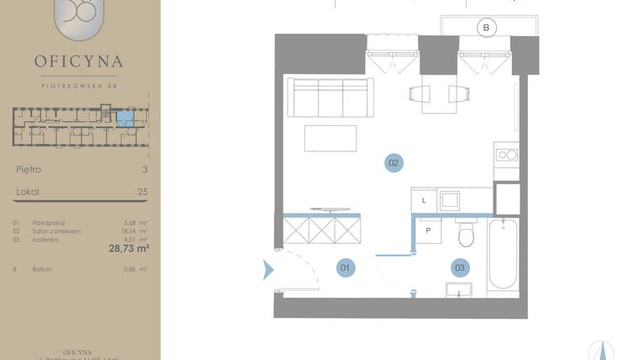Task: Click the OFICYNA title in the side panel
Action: [79, 61]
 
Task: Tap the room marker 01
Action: [345, 268]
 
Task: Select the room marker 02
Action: [393, 163]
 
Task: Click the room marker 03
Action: [459, 268]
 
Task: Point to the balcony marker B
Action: [485, 28]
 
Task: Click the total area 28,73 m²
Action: [129, 248]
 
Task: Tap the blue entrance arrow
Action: [268, 270]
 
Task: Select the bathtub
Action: [503, 253]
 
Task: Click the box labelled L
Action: [425, 200]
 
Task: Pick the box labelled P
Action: [428, 230]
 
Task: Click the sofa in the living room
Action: [330, 98]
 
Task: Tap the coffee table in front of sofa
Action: [330, 138]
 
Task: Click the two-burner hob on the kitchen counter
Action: [507, 154]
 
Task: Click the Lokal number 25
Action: [142, 192]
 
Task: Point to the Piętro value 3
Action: [145, 169]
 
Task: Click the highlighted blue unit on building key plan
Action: [124, 117]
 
